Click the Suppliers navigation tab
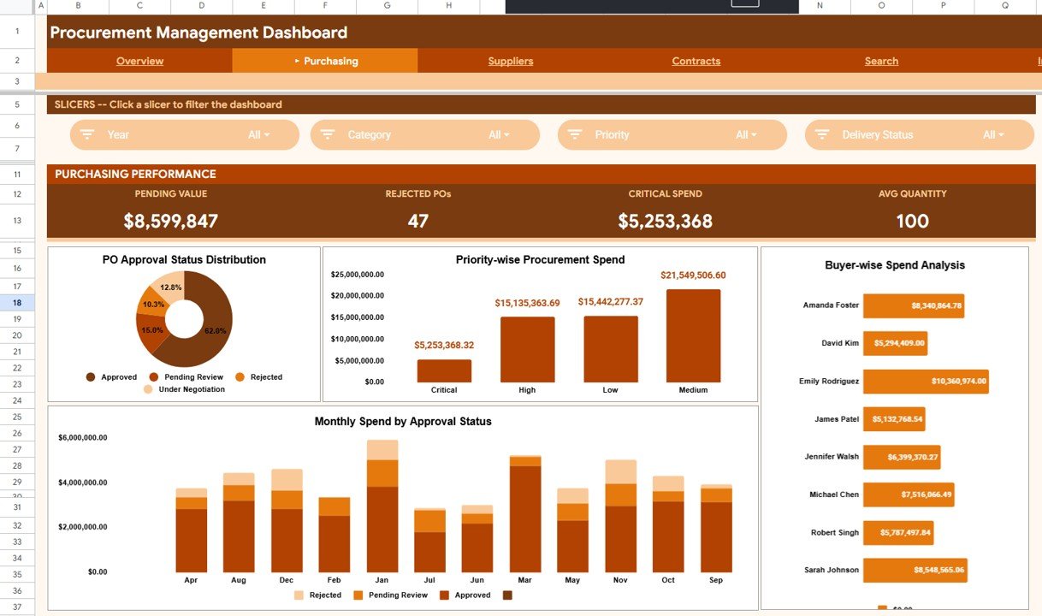511,61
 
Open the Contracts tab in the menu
696,61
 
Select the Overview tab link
139,61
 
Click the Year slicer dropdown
184,135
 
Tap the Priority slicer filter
672,135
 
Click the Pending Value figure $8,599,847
170,222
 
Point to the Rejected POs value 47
417,222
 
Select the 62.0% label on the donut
215,330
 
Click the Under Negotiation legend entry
191,389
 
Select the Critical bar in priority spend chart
444,370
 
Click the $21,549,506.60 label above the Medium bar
693,275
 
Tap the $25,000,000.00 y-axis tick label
357,275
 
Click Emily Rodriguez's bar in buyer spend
925,382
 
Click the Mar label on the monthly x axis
525,580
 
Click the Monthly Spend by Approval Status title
402,422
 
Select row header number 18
17,303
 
